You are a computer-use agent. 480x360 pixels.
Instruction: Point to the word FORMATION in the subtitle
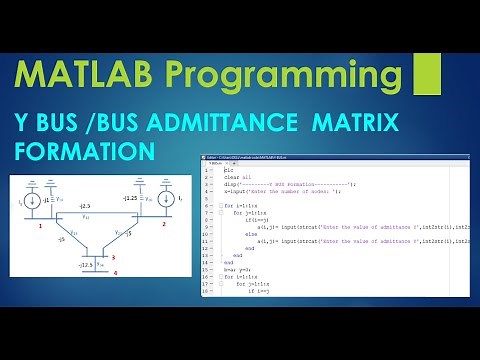pyautogui.click(x=85, y=150)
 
